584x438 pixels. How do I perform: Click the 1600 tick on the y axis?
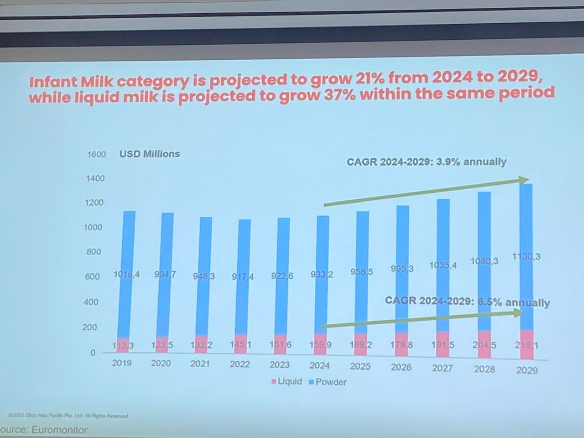click(96, 154)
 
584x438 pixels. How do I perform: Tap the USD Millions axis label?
click(150, 154)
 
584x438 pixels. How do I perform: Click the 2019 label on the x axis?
click(121, 363)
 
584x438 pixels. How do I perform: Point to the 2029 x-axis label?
click(527, 370)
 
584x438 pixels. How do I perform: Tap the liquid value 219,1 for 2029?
click(527, 345)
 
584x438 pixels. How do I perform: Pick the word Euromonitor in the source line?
click(59, 430)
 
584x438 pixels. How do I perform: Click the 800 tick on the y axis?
click(93, 252)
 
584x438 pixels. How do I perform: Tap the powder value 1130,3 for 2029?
click(526, 257)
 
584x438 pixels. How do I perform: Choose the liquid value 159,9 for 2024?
click(321, 345)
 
